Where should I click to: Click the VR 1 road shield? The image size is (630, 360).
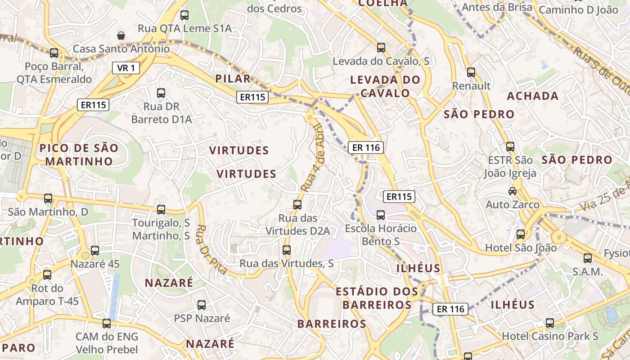126,68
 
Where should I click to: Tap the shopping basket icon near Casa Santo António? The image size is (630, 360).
121,35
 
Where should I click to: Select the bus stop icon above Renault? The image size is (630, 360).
471,72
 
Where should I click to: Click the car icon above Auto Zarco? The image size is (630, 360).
513,191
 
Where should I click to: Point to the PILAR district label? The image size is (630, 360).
233,79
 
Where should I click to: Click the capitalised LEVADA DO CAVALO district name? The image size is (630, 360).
385,87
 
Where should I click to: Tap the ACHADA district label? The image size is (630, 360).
533,96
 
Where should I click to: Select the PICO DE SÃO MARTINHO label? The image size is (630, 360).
79,154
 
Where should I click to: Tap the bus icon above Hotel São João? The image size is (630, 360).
521,234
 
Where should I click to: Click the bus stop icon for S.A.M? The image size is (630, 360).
588,258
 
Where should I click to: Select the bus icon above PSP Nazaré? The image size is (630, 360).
202,305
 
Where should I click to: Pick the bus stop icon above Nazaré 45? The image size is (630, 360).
95,251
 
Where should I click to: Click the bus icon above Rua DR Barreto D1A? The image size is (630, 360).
161,93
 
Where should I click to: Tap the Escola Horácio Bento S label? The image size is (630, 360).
381,235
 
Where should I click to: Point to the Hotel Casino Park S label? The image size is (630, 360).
550,336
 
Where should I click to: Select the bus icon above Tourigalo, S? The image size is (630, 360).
161,209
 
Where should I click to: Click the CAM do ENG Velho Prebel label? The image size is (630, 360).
107,343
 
